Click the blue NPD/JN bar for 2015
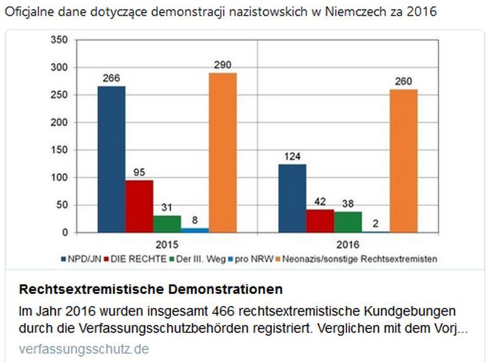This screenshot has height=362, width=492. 111,159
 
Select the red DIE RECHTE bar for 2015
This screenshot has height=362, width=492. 139,206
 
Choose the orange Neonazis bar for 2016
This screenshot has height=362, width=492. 403,161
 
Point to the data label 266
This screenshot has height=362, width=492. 112,79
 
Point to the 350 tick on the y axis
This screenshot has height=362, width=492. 58,40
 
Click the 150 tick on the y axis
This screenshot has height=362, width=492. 58,150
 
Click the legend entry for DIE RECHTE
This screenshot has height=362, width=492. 137,258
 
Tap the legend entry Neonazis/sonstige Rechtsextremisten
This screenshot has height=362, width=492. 360,258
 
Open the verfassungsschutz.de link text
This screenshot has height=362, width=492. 84,348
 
